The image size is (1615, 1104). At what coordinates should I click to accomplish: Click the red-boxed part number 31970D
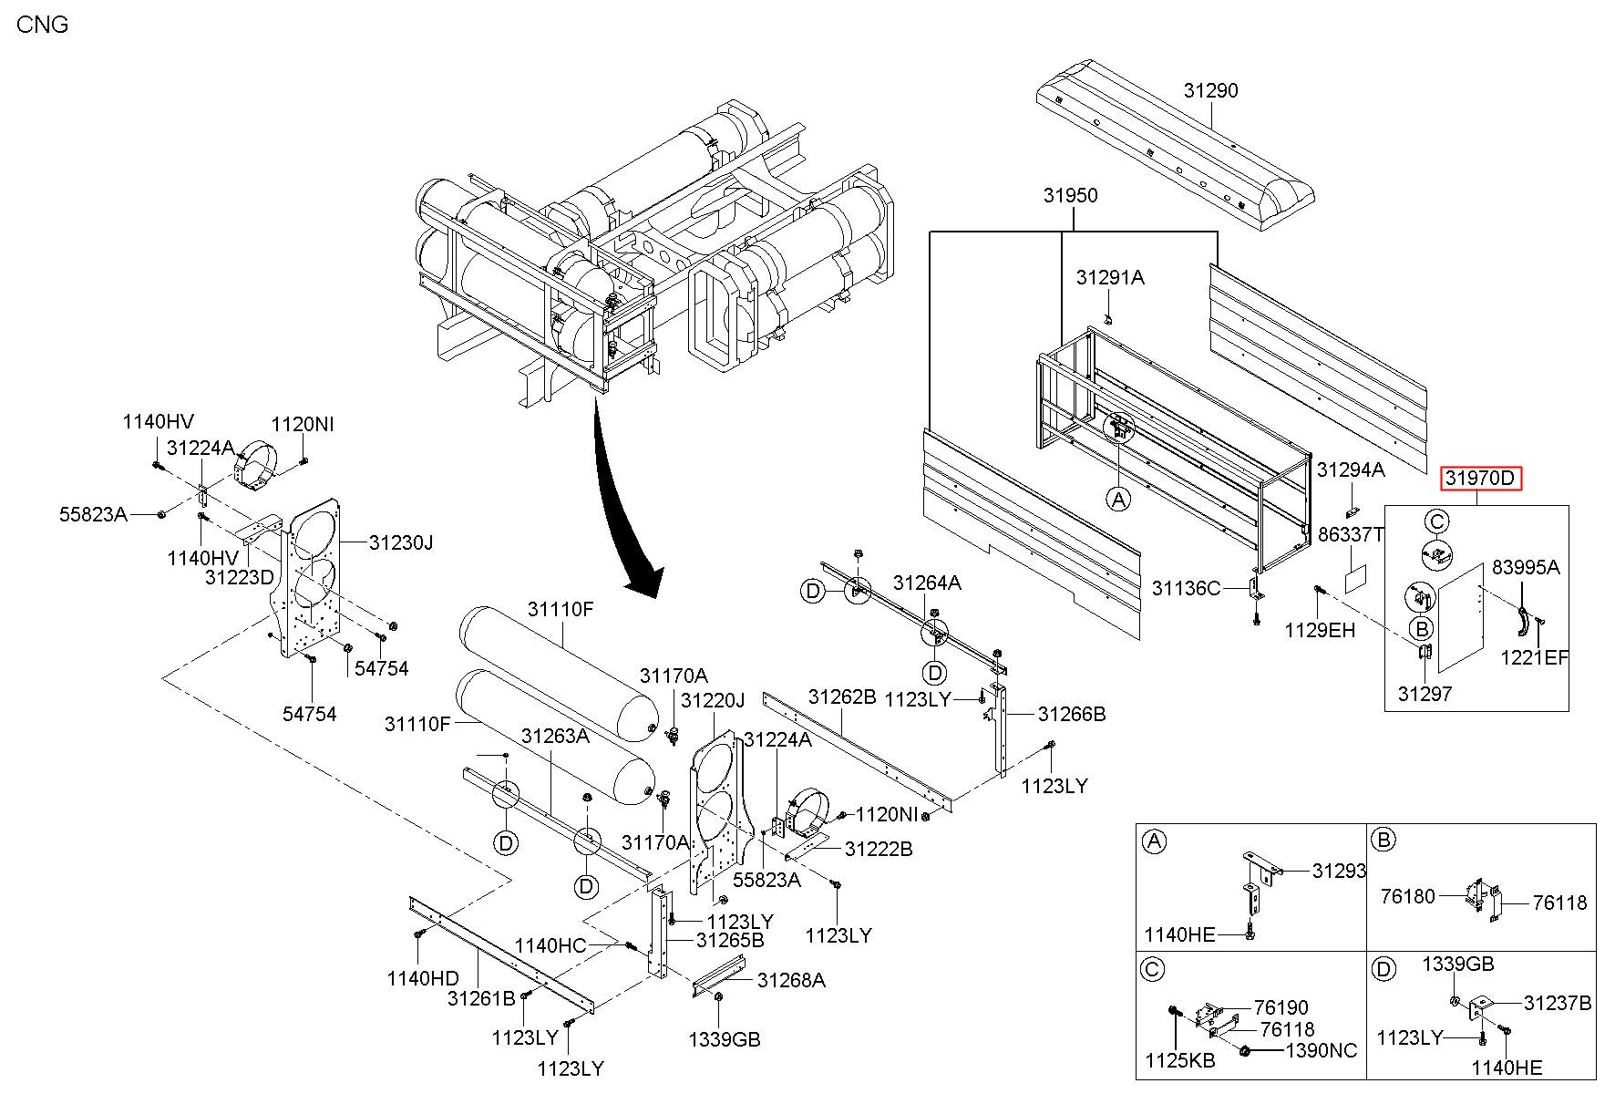point(1481,478)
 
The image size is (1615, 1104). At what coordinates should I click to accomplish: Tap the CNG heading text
point(43,25)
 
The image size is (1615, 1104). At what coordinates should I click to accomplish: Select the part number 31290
point(1211,90)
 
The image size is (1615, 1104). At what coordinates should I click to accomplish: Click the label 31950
point(1071,195)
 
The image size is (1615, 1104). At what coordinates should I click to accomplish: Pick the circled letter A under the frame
point(1118,499)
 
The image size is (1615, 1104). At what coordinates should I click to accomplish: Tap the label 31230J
point(401,542)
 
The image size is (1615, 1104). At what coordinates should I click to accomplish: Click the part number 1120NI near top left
point(303,424)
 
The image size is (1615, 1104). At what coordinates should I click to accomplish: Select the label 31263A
point(555,736)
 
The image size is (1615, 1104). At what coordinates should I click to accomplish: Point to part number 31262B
point(842,697)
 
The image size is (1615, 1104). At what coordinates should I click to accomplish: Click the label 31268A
point(792,980)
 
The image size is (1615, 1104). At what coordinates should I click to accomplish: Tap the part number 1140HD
point(423,978)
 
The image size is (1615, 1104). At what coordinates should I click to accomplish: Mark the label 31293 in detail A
point(1340,871)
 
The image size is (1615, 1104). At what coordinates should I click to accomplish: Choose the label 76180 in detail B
point(1408,896)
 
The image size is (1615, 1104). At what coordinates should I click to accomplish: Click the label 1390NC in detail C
point(1321,1051)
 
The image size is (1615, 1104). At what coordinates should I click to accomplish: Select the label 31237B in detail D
point(1558,1003)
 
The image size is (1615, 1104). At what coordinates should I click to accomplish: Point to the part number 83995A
point(1526,567)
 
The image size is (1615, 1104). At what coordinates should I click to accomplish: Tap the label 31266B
point(1072,714)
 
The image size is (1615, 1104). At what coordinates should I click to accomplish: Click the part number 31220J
point(713,700)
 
